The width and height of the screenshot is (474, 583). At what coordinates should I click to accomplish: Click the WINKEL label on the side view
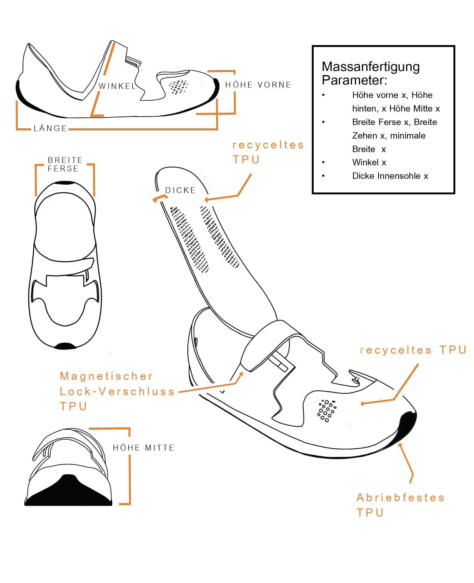[x=117, y=86]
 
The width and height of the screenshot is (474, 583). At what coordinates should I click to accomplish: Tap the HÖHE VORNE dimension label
[x=258, y=85]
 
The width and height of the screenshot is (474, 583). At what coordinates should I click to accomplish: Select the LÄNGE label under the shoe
[x=50, y=128]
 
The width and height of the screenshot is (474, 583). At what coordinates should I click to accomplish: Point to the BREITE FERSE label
[x=65, y=164]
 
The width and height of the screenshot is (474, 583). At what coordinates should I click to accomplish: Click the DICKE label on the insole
[x=181, y=190]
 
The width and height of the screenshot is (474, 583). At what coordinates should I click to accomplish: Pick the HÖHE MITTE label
[x=144, y=448]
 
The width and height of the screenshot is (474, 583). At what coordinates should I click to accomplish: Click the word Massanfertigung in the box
[x=370, y=67]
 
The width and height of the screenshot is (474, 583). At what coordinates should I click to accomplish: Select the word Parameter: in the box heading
[x=354, y=80]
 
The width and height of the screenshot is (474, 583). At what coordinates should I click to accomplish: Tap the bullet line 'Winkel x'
[x=369, y=162]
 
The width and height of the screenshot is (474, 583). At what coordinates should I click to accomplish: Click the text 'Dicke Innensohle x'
[x=390, y=176]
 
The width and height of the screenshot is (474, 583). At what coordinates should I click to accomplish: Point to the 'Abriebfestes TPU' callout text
[x=400, y=505]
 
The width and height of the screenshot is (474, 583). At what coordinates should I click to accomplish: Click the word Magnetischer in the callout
[x=106, y=376]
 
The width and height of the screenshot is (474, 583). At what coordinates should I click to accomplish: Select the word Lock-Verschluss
[x=117, y=391]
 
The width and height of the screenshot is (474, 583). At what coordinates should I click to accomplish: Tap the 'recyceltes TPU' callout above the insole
[x=268, y=152]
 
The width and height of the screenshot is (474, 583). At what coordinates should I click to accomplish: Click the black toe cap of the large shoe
[x=407, y=427]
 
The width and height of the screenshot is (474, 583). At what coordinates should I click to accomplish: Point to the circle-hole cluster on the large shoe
[x=327, y=410]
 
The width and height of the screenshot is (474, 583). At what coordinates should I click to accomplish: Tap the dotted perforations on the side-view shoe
[x=178, y=87]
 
